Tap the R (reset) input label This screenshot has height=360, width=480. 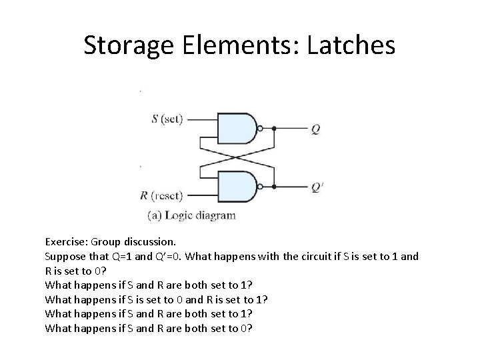click(x=164, y=195)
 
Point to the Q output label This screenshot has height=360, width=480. click(x=316, y=129)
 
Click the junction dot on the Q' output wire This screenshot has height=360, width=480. click(x=273, y=187)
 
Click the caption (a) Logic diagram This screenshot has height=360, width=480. click(x=191, y=215)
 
